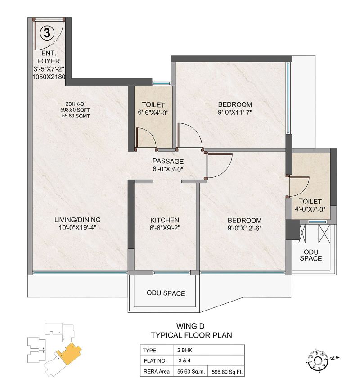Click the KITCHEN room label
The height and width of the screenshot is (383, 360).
[165, 220]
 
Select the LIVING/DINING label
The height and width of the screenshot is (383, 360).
[77, 220]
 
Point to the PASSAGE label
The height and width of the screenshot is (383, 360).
[168, 161]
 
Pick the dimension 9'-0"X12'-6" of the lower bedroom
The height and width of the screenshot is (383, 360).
[244, 228]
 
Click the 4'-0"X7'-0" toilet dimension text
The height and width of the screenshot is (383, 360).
[309, 209]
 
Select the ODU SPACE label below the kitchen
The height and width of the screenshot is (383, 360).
[166, 293]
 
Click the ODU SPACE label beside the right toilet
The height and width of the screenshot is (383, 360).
[310, 255]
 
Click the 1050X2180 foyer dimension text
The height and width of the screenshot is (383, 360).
[49, 77]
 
